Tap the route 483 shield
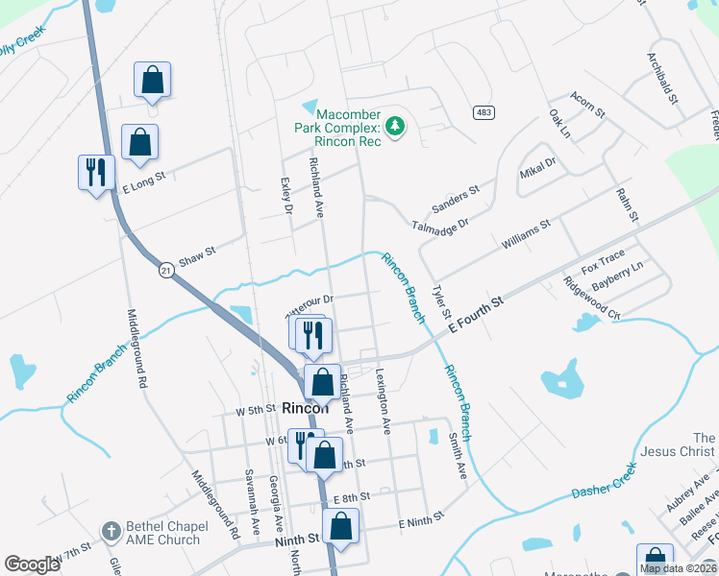click(483, 113)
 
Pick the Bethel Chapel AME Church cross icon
click(112, 531)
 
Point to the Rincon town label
click(305, 408)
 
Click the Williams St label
click(525, 234)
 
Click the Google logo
click(32, 564)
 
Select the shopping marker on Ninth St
click(341, 526)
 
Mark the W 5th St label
click(255, 410)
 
